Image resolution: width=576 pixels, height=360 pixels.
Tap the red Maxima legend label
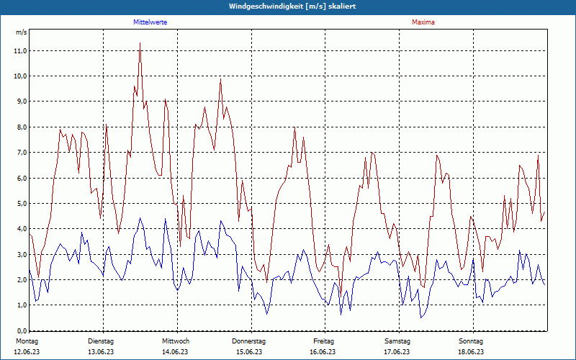pos(423,22)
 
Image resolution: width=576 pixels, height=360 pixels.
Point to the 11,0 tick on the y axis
pos(20,51)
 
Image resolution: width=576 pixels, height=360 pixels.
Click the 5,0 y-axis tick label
pos(20,204)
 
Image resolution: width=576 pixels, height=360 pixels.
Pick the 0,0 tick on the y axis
pos(20,330)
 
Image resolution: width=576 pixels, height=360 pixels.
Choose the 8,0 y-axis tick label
pos(20,127)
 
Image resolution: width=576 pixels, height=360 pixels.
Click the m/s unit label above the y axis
pos(21,32)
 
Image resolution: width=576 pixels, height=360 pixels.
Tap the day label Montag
pos(27,341)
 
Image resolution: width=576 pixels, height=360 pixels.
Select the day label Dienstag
pos(101,341)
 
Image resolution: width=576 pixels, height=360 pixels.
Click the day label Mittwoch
pos(176,341)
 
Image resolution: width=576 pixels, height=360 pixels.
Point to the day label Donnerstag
pos(249,341)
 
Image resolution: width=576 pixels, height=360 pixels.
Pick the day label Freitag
pos(324,341)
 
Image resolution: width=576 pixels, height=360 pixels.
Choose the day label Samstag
pos(397,341)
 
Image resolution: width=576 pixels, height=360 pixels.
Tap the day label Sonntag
pos(471,341)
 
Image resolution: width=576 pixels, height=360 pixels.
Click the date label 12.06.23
pos(27,351)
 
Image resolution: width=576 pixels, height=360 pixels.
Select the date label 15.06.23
pos(249,351)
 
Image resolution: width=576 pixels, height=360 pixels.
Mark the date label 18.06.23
pos(471,351)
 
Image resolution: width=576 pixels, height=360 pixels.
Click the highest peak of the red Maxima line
pos(140,43)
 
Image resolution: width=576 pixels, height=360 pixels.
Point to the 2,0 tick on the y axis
pos(20,280)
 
